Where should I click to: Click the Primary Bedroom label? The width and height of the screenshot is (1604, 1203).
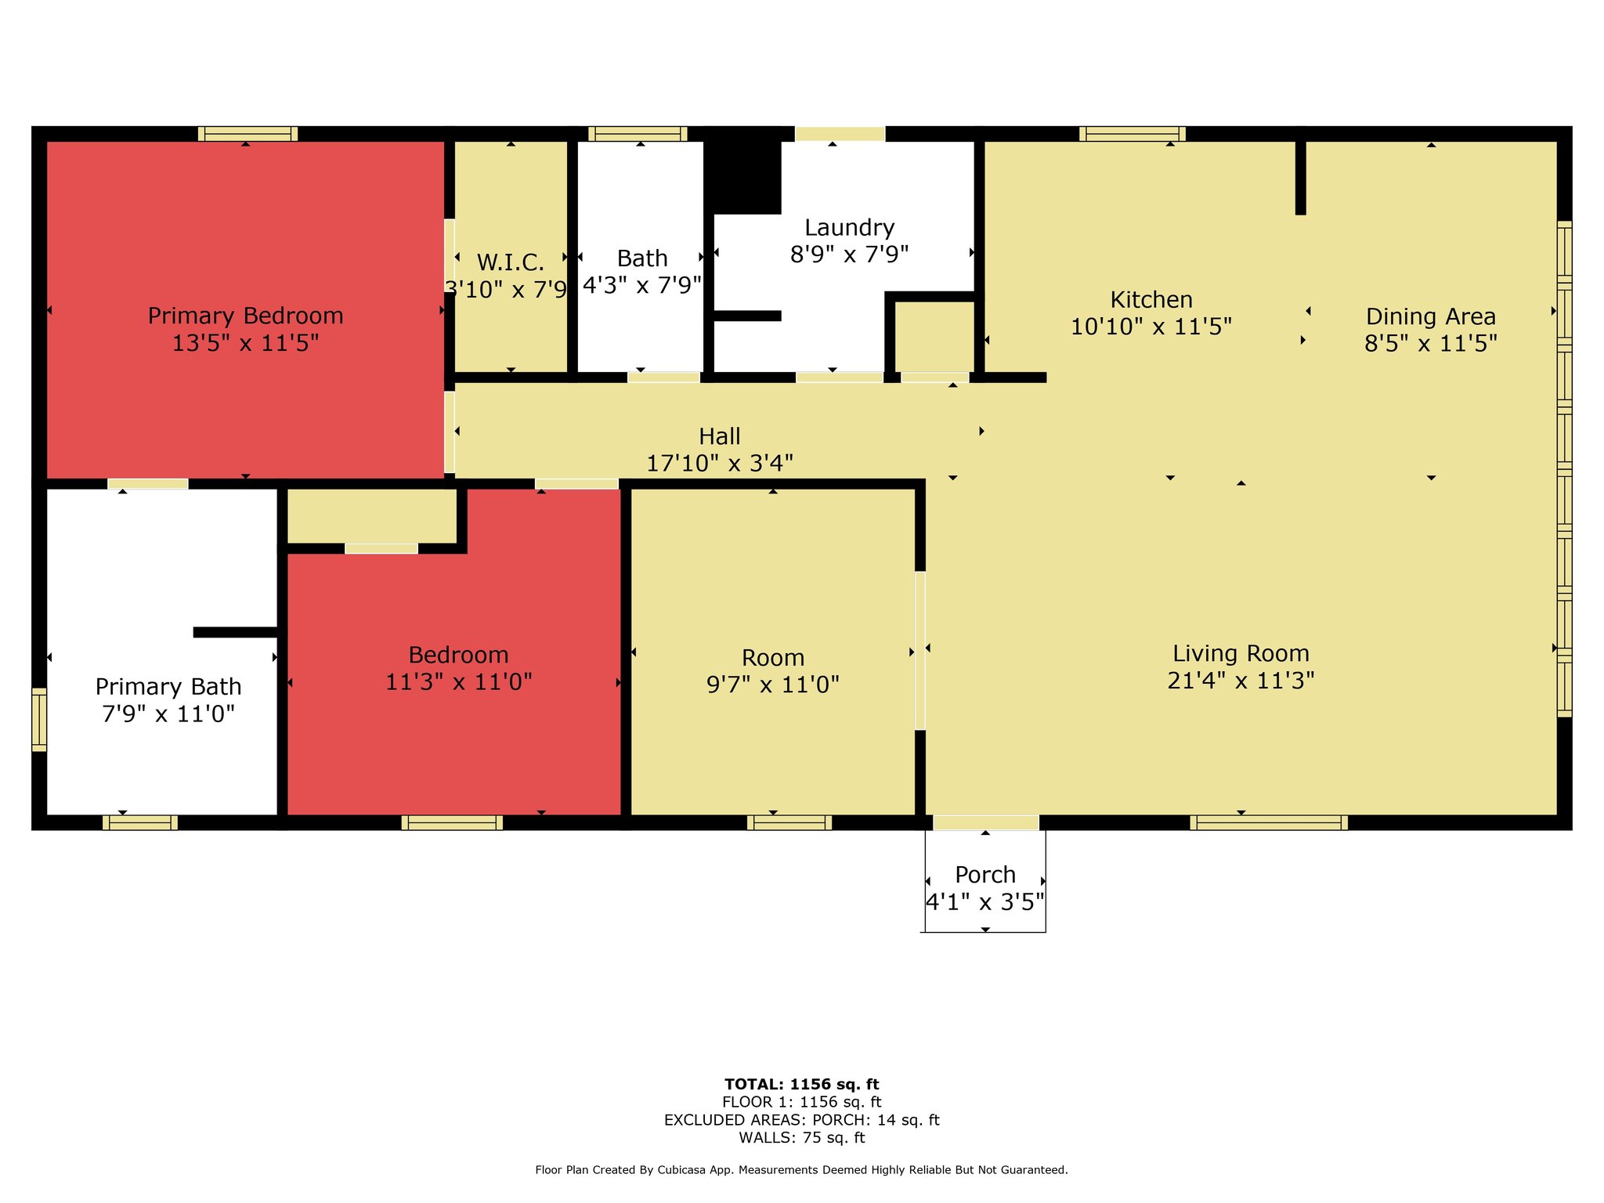245,316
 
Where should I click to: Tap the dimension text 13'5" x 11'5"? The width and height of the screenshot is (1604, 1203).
245,343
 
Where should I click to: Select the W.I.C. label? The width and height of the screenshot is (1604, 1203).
511,262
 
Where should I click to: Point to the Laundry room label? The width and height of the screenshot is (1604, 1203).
849,228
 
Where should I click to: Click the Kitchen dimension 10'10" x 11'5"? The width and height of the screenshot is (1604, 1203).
1151,326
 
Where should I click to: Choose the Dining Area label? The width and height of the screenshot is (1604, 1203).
1431,316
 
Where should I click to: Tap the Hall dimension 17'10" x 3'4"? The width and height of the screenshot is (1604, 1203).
720,463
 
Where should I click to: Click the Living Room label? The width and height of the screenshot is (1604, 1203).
1241,653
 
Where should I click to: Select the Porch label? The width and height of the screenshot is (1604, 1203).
985,874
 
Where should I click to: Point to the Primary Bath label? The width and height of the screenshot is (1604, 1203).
168,687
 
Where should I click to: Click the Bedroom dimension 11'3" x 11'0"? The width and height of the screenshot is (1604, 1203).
458,681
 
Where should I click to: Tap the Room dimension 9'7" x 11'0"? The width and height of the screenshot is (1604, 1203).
773,685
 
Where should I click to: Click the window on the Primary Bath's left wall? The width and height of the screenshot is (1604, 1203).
39,720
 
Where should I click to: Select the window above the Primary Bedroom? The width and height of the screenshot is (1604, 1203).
247,134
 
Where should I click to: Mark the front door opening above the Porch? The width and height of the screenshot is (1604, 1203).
986,822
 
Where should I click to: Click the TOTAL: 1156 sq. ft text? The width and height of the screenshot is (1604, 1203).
802,1084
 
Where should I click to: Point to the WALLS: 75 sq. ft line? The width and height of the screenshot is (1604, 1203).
802,1137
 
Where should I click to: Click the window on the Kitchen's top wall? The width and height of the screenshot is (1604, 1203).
1133,134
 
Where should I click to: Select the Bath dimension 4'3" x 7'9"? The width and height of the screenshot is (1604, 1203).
642,285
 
